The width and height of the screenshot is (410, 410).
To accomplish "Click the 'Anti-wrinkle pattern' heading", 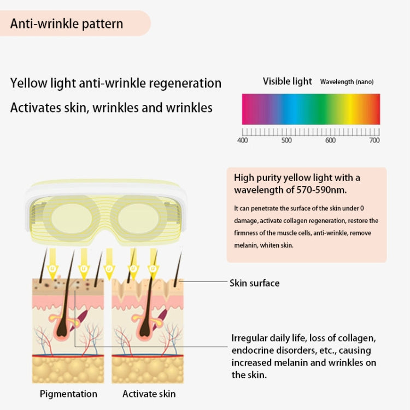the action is pyautogui.click(x=67, y=24).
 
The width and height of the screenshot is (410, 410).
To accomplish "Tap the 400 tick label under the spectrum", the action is pyautogui.click(x=242, y=140).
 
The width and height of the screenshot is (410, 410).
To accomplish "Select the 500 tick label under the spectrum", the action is pyautogui.click(x=286, y=140).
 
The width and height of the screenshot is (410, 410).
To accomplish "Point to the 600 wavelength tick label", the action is pyautogui.click(x=330, y=140).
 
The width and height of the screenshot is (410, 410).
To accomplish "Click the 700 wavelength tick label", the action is pyautogui.click(x=374, y=140).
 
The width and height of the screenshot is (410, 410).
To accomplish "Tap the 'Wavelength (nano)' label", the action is pyautogui.click(x=347, y=82).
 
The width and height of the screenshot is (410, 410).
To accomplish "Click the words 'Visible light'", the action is pyautogui.click(x=288, y=81).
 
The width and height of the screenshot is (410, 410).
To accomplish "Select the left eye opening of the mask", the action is pyautogui.click(x=72, y=218).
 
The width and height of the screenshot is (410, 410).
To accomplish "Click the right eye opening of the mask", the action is pyautogui.click(x=139, y=218).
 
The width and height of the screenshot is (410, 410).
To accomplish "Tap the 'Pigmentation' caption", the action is pyautogui.click(x=68, y=394).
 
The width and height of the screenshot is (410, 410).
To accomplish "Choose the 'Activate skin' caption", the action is pyautogui.click(x=149, y=394).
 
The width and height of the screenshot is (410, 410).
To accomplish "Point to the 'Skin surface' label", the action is pyautogui.click(x=254, y=283).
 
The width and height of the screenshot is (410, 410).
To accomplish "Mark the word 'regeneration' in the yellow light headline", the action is pyautogui.click(x=185, y=84).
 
